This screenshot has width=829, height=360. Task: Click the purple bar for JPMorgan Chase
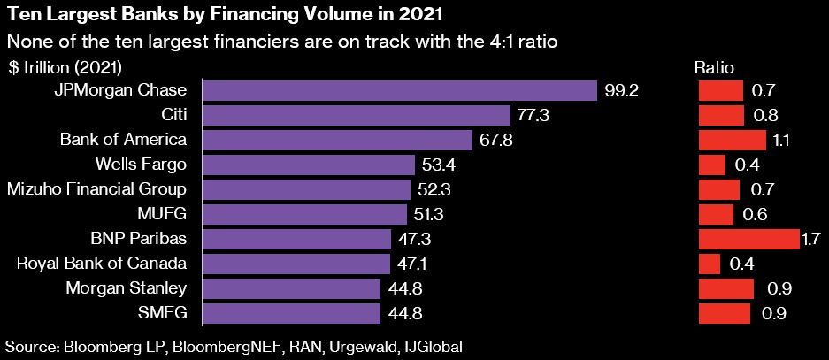click(400, 90)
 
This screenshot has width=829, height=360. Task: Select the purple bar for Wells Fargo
click(309, 165)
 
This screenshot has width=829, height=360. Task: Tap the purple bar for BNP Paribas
click(297, 239)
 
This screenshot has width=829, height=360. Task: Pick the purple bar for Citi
click(357, 115)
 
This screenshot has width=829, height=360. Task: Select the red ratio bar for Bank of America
click(732, 140)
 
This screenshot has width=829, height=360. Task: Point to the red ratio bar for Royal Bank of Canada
click(710, 264)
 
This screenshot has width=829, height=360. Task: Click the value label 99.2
click(622, 90)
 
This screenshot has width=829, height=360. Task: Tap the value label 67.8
click(495, 140)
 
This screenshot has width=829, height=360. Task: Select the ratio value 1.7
click(810, 239)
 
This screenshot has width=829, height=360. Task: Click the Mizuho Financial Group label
click(96, 189)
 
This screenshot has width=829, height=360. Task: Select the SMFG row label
click(165, 312)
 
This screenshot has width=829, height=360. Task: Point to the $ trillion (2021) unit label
click(65, 67)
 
